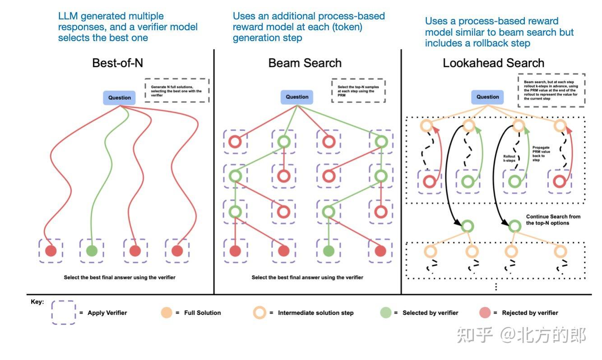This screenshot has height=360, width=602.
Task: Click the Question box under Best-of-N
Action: [x=120, y=97]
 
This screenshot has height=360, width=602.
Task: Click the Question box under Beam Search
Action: [x=297, y=97]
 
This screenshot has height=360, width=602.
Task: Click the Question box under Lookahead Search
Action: [x=488, y=97]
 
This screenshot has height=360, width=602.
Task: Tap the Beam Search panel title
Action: [x=305, y=63]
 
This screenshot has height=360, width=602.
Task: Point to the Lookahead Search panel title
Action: [x=493, y=63]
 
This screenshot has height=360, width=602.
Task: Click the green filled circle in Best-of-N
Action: [x=92, y=251]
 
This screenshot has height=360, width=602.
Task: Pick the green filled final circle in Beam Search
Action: [x=329, y=251]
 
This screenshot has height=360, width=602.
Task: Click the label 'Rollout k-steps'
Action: [x=509, y=158]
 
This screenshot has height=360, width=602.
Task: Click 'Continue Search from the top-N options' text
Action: [x=553, y=220]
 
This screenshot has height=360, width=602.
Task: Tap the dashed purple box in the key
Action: [x=63, y=313]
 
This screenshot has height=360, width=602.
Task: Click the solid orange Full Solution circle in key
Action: [x=167, y=313]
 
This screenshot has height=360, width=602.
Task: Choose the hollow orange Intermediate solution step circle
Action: [x=261, y=313]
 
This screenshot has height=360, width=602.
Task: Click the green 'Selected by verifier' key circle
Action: [x=385, y=313]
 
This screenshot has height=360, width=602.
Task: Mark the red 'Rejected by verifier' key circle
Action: [x=485, y=313]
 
